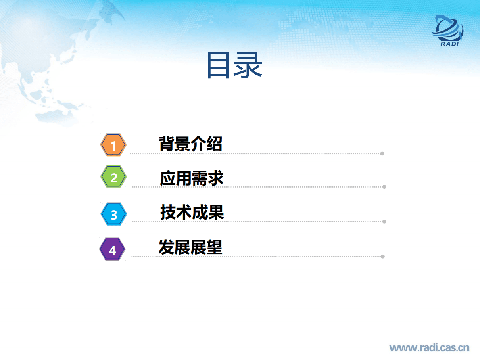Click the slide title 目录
pyautogui.click(x=234, y=65)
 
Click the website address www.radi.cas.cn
pyautogui.click(x=429, y=347)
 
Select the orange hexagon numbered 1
pyautogui.click(x=113, y=145)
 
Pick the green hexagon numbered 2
pyautogui.click(x=114, y=177)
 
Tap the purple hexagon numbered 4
pyautogui.click(x=112, y=250)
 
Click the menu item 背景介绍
pyautogui.click(x=190, y=144)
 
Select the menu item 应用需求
pyautogui.click(x=192, y=178)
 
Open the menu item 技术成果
pyautogui.click(x=192, y=212)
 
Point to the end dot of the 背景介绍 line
pyautogui.click(x=382, y=153)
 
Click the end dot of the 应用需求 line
pyautogui.click(x=384, y=187)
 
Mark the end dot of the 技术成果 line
pyautogui.click(x=384, y=221)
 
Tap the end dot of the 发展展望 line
pyautogui.click(x=382, y=256)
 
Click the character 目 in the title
pyautogui.click(x=220, y=65)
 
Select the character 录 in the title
pyautogui.click(x=249, y=65)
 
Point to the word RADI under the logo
pyautogui.click(x=450, y=44)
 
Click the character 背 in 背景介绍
pyautogui.click(x=167, y=144)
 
